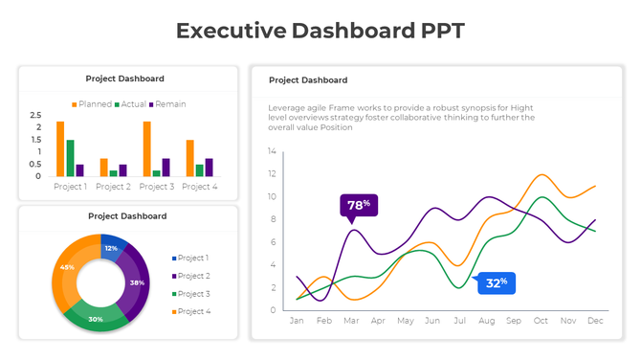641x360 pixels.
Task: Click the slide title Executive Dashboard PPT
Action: click(320, 31)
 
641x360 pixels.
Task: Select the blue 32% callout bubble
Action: click(496, 282)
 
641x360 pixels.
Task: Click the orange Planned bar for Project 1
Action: click(60, 148)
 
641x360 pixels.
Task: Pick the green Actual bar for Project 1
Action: click(70, 158)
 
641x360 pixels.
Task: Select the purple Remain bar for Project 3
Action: click(166, 168)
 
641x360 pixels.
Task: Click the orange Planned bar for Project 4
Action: click(190, 158)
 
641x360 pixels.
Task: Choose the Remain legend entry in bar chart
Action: click(167, 103)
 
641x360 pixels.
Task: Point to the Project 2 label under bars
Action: click(113, 187)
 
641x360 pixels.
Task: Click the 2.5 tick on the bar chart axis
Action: click(36, 115)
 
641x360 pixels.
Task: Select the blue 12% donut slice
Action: click(111, 247)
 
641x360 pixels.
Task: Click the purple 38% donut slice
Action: click(137, 281)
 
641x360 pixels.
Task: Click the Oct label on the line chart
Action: click(542, 321)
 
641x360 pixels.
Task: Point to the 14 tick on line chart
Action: click(272, 151)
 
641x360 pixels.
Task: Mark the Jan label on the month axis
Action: click(297, 321)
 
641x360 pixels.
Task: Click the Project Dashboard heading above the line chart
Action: click(308, 80)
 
